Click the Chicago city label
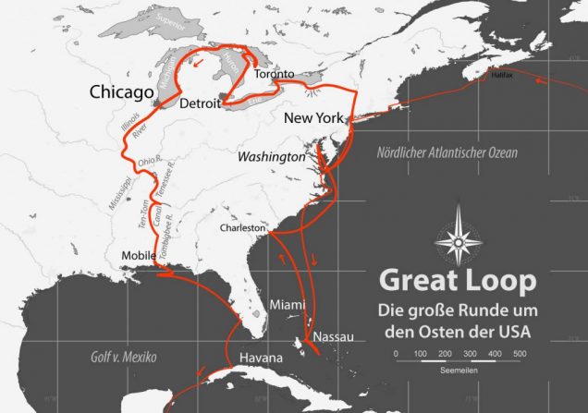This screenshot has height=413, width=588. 120,92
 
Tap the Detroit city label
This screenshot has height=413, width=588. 200,103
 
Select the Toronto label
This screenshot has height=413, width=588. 274,74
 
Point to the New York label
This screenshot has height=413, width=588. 313,118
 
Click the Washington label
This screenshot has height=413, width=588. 271,158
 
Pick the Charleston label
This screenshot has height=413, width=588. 243,227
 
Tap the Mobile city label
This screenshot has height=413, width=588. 139,256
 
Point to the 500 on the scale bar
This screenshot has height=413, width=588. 520,355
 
